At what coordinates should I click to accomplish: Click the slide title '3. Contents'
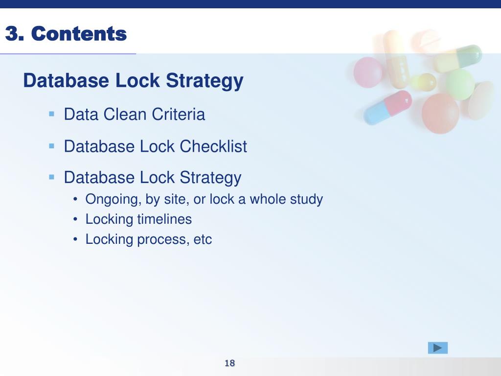pos(66,34)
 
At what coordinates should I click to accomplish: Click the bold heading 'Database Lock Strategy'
pos(133,81)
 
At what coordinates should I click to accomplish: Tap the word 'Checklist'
pos(213,146)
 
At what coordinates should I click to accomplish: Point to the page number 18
pos(230,363)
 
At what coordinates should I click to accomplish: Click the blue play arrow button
pos(438,348)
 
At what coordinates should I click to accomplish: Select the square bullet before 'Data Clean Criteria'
pos(51,114)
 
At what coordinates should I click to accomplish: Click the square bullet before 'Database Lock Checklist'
pos(51,146)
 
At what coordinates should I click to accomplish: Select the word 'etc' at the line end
pos(203,239)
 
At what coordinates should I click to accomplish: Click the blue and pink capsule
pos(387,107)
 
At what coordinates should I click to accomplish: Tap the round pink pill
pos(368,72)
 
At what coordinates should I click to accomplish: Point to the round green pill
pos(460,85)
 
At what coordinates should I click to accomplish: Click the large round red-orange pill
pos(441,114)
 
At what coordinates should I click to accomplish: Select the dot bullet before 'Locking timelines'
pos(75,220)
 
